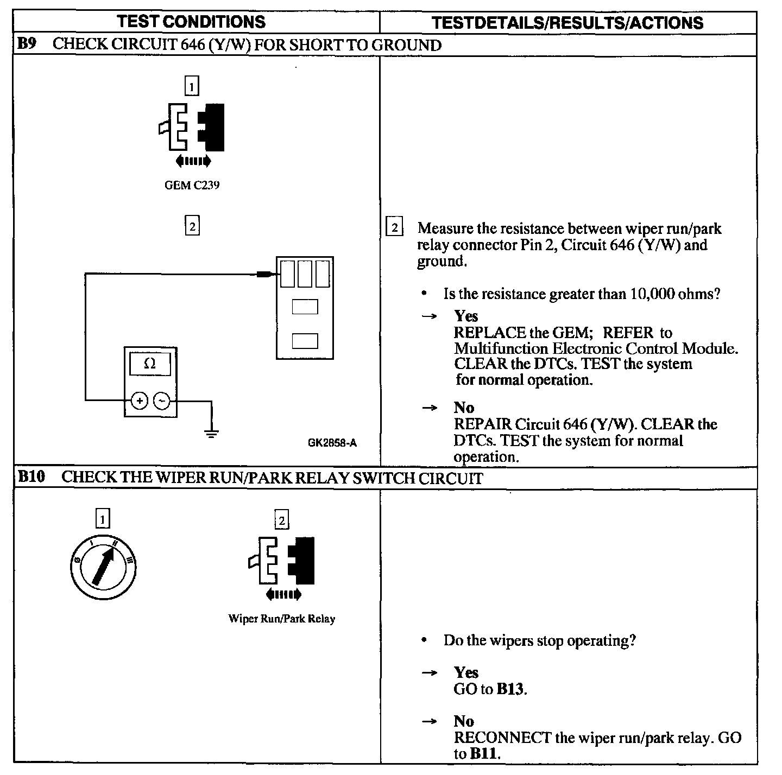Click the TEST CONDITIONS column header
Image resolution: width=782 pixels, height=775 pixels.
pyautogui.click(x=191, y=22)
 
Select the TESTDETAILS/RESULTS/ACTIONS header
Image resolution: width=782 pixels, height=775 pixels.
pyautogui.click(x=567, y=22)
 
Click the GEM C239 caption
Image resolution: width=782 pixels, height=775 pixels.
pyautogui.click(x=192, y=185)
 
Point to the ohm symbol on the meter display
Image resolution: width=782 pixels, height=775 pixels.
pyautogui.click(x=150, y=364)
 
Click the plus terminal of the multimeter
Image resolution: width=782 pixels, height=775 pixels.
pyautogui.click(x=140, y=401)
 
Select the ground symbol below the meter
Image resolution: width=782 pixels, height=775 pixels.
pyautogui.click(x=211, y=433)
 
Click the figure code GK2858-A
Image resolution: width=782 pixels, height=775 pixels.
pyautogui.click(x=332, y=442)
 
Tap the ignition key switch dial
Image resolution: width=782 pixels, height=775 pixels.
pyautogui.click(x=103, y=568)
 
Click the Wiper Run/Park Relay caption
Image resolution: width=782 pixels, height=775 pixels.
pyautogui.click(x=281, y=619)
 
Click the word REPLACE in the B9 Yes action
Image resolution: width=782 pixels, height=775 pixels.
pyautogui.click(x=490, y=332)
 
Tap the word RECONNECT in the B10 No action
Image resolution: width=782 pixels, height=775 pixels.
pyautogui.click(x=502, y=738)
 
